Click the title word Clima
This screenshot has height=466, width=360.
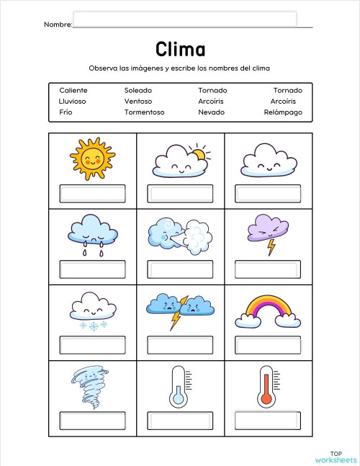click(x=180, y=49)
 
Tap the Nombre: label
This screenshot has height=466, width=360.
click(x=58, y=24)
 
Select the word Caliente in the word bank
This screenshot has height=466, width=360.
click(x=73, y=90)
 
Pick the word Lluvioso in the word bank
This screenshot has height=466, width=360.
click(x=72, y=102)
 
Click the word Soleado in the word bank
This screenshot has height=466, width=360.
click(x=138, y=90)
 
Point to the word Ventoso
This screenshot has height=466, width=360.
click(x=138, y=102)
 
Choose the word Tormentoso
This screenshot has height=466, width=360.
click(x=144, y=112)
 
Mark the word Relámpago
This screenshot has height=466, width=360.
click(x=283, y=112)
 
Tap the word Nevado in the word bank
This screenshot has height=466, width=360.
click(x=211, y=112)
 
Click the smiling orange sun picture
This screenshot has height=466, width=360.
click(x=93, y=159)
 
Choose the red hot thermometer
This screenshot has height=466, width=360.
click(x=266, y=385)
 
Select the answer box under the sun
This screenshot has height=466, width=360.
click(x=92, y=193)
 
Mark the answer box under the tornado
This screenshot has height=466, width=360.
click(x=92, y=420)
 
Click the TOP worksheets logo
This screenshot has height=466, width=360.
click(x=336, y=454)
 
